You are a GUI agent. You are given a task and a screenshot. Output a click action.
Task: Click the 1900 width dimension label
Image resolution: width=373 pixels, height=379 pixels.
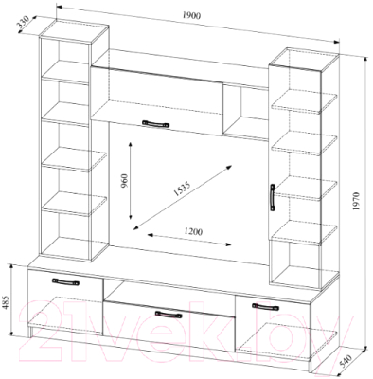[191, 15]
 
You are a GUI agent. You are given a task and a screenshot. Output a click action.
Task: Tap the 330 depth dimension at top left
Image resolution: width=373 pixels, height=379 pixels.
[23, 24]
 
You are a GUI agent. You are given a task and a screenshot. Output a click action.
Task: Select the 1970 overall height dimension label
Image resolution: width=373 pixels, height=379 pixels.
[356, 201]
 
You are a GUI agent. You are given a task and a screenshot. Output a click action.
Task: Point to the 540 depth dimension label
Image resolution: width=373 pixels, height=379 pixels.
[346, 362]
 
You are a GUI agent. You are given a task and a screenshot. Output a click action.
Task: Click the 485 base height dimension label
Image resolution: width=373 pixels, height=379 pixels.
[6, 302]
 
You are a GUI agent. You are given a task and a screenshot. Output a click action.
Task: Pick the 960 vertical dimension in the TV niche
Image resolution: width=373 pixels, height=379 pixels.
[124, 181]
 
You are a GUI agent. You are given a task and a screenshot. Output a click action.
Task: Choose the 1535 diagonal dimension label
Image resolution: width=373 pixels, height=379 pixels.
[181, 189]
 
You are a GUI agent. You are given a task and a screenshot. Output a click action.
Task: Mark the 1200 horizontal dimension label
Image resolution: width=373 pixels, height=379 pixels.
[193, 231]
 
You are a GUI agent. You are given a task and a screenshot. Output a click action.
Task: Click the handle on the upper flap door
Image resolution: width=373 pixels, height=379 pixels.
[155, 124]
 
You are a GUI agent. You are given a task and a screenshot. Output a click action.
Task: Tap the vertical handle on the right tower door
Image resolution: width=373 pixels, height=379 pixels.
[273, 197]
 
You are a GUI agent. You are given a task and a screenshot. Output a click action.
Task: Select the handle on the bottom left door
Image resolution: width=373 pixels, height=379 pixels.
[65, 282]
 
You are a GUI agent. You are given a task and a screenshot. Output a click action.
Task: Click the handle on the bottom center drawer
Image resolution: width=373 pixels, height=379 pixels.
[169, 315]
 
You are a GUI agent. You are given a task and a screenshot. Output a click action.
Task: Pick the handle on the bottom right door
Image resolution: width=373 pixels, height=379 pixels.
[265, 307]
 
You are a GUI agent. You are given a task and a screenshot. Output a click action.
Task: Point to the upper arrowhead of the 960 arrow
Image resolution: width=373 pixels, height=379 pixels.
[130, 145]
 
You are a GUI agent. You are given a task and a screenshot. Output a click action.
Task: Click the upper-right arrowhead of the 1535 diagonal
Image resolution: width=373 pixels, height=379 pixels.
[229, 167]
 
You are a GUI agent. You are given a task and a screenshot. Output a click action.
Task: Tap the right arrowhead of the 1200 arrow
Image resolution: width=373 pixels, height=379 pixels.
[227, 244]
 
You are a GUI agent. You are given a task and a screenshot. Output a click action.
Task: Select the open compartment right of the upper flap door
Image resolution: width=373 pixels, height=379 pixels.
[245, 111]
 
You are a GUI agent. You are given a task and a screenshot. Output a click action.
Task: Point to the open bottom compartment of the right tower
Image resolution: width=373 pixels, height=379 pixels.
[295, 263]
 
